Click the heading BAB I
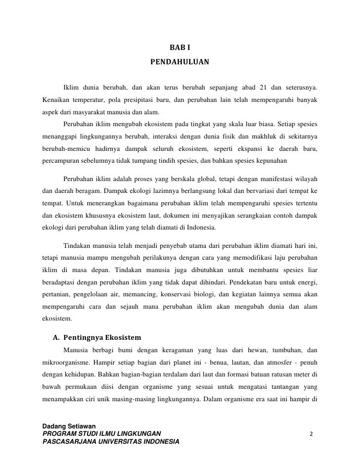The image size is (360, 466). click(180, 48)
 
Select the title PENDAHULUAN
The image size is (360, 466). click(180, 63)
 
